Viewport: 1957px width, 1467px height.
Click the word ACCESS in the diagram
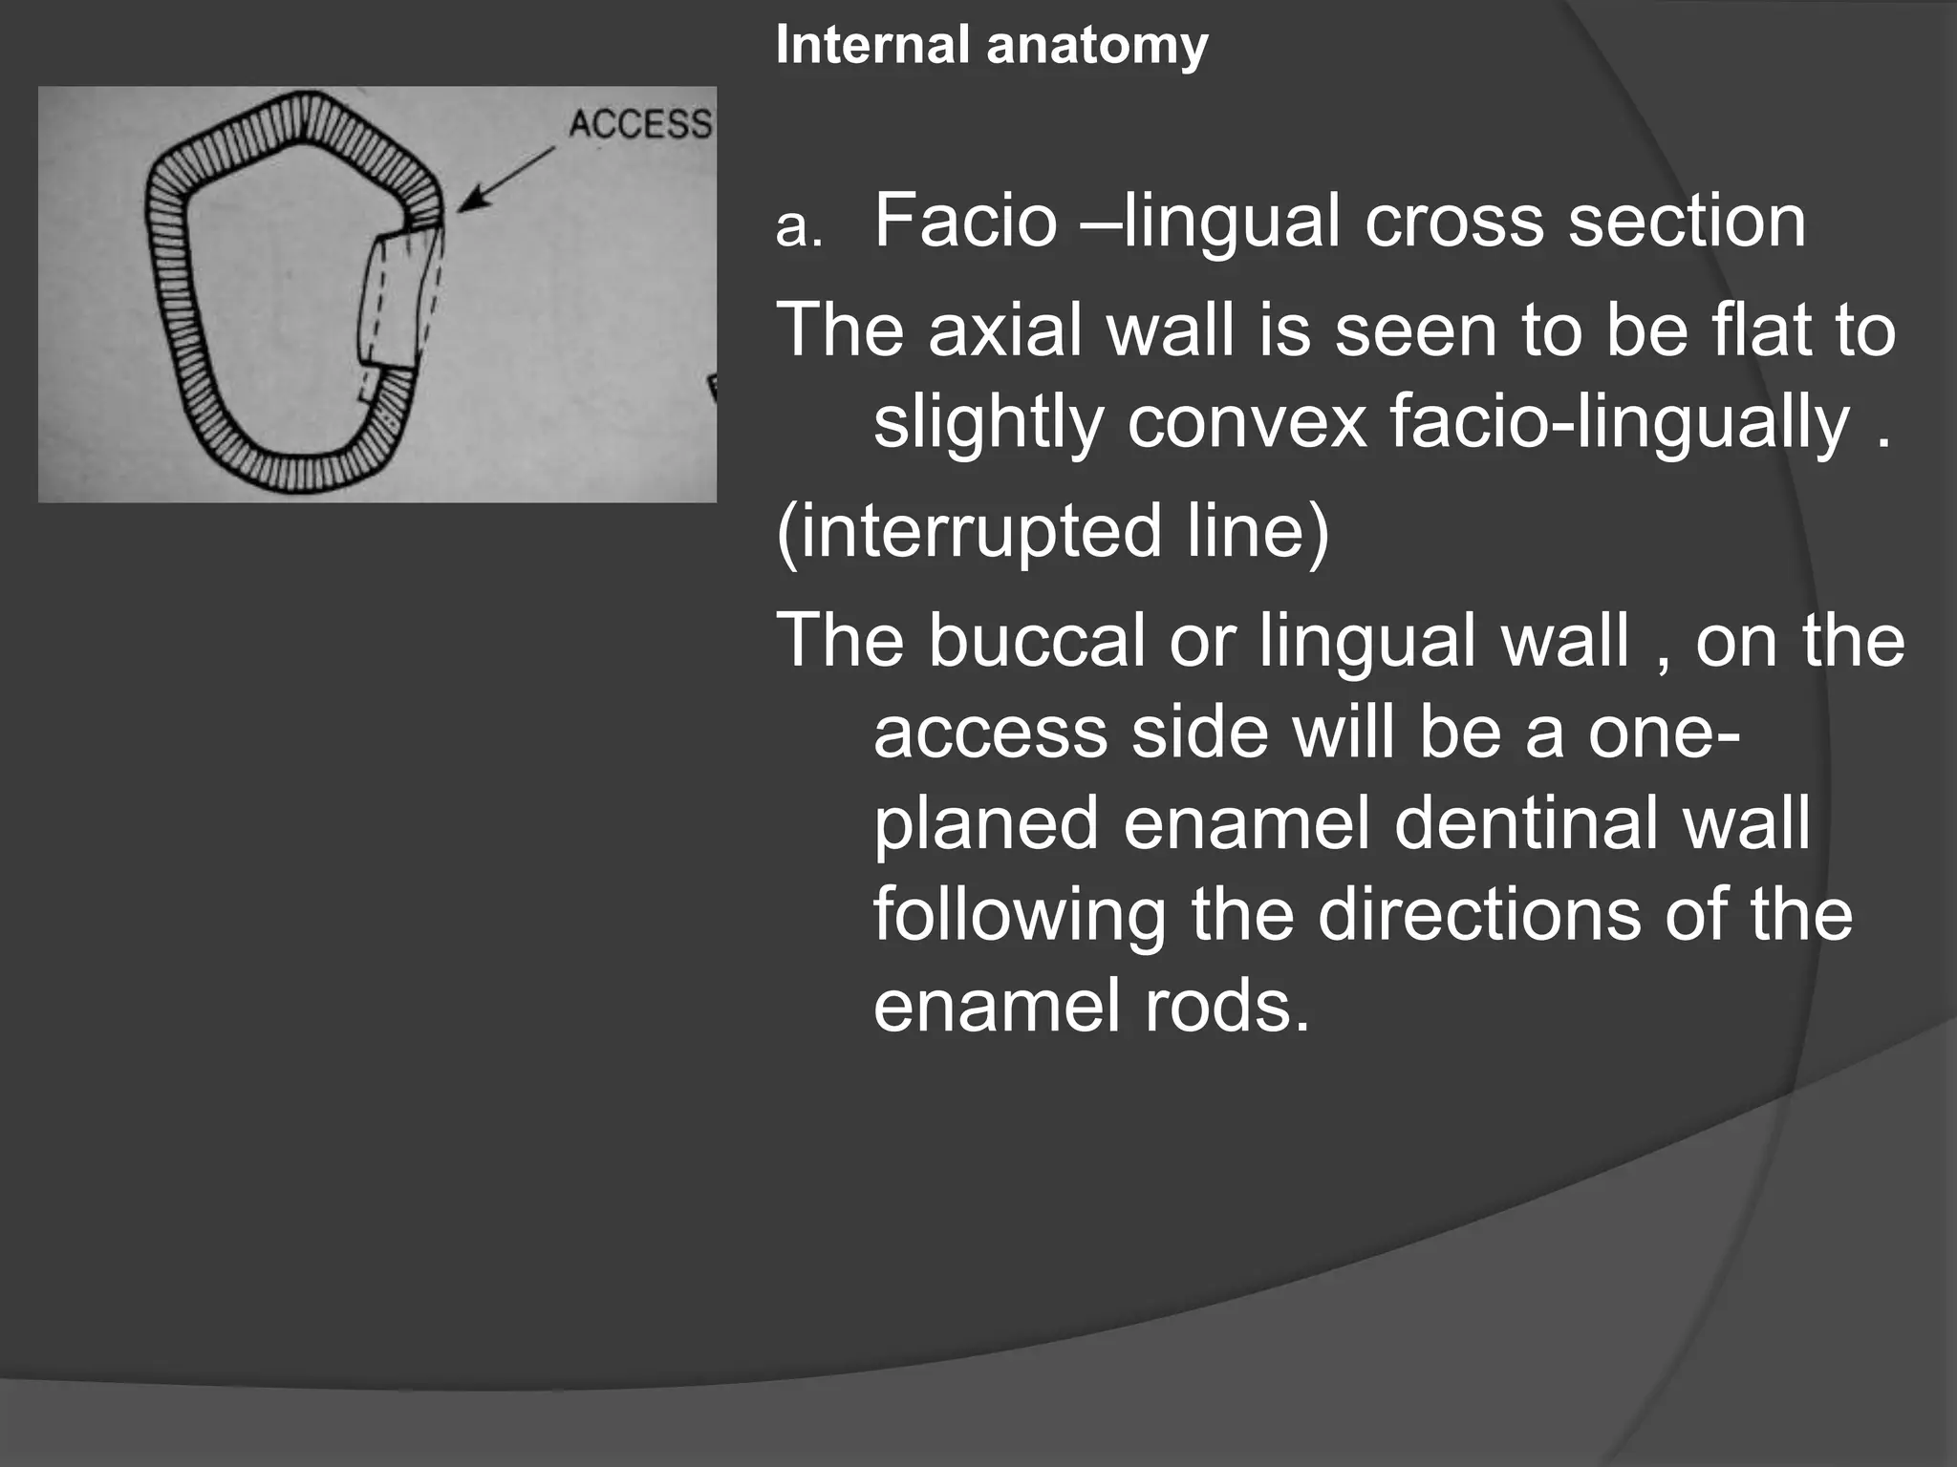pyautogui.click(x=640, y=124)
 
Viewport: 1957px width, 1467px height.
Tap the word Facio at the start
pyautogui.click(x=965, y=221)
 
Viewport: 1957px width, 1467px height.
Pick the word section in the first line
pyautogui.click(x=1687, y=221)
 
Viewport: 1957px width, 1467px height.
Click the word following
pyautogui.click(x=1020, y=915)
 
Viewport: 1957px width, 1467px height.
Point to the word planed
pyautogui.click(x=985, y=823)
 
